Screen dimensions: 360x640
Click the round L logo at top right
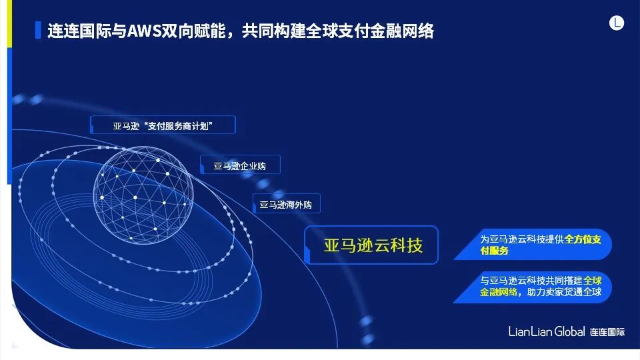pyautogui.click(x=617, y=23)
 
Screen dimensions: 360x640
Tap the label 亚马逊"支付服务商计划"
pyautogui.click(x=163, y=125)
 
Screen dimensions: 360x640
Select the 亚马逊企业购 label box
pyautogui.click(x=240, y=165)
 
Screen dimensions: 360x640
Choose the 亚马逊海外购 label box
pyautogui.click(x=286, y=204)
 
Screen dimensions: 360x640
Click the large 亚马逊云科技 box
pyautogui.click(x=373, y=245)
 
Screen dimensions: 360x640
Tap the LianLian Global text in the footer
pyautogui.click(x=546, y=331)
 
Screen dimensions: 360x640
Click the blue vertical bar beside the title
pyautogui.click(x=38, y=31)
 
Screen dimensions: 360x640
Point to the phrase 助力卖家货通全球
pyautogui.click(x=564, y=292)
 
